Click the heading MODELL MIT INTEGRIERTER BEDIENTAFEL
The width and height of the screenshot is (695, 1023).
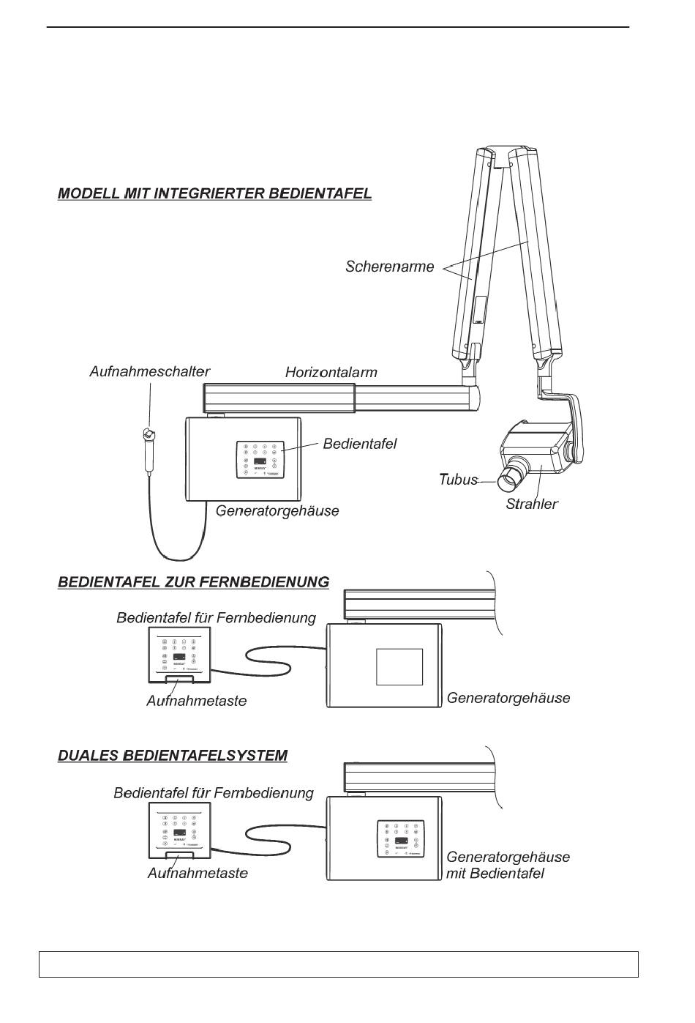click(214, 194)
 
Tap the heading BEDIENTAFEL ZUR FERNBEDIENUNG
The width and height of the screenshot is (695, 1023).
click(193, 582)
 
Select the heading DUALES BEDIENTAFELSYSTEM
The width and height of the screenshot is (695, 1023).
click(172, 755)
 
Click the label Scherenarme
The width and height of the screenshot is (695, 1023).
click(389, 267)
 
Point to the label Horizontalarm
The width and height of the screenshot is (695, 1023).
click(331, 373)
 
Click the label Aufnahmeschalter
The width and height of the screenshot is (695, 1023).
click(149, 372)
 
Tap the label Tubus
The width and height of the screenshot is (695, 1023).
click(457, 480)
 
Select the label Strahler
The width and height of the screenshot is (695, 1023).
click(531, 504)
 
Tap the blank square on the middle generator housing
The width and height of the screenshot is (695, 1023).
click(399, 666)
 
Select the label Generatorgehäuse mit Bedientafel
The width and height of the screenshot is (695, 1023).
click(508, 865)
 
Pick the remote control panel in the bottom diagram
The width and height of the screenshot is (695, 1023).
click(180, 830)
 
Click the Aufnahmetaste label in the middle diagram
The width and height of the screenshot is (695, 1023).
click(196, 701)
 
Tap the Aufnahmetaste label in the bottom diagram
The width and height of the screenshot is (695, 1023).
click(198, 873)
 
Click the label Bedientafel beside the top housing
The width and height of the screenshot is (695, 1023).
click(360, 443)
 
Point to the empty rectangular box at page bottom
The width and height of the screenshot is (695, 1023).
click(338, 964)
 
